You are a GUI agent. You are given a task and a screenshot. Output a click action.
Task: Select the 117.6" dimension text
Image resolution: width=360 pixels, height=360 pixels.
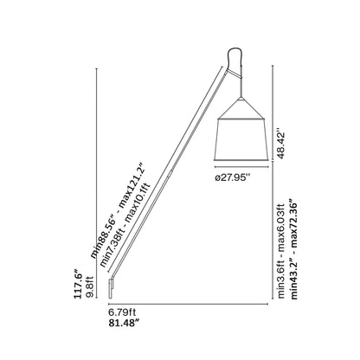point(79,283)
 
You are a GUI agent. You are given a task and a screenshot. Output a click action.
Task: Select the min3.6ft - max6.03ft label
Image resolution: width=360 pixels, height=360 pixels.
point(280,247)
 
